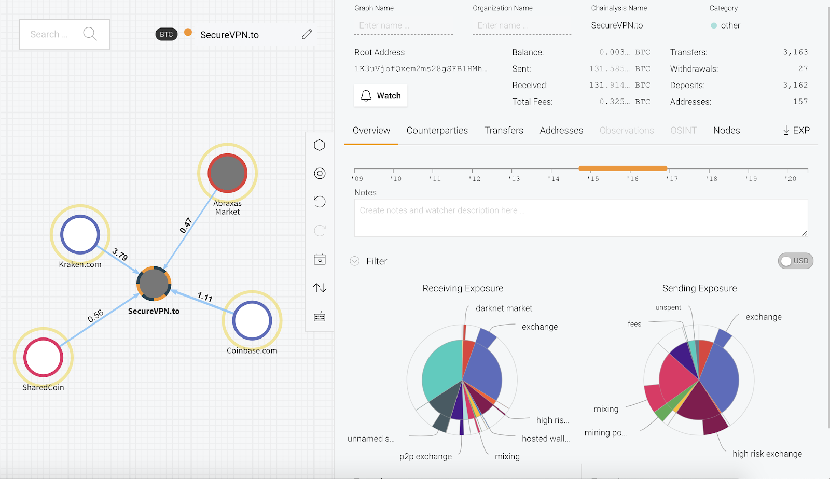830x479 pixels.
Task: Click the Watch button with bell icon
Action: coord(381,96)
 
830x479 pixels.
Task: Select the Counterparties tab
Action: coord(437,131)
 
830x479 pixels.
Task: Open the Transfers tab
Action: coord(504,131)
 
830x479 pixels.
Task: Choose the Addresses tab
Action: coord(561,131)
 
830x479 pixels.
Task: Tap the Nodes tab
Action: coord(726,131)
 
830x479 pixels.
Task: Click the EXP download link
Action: coord(796,131)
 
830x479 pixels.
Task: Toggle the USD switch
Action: coord(795,261)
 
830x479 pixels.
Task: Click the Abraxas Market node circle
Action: coord(227,173)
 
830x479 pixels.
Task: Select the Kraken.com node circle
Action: coord(80,234)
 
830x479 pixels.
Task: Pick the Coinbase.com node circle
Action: coord(252,320)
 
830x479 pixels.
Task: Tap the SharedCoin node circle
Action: coord(43,357)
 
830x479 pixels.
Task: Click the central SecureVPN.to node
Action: coord(154,284)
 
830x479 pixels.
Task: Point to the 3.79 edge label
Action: coord(120,255)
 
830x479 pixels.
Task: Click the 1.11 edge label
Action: coord(205,297)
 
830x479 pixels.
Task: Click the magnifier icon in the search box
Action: coord(90,34)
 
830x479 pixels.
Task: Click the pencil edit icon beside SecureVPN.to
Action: coord(307,34)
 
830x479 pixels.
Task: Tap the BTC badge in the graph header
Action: coord(166,34)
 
